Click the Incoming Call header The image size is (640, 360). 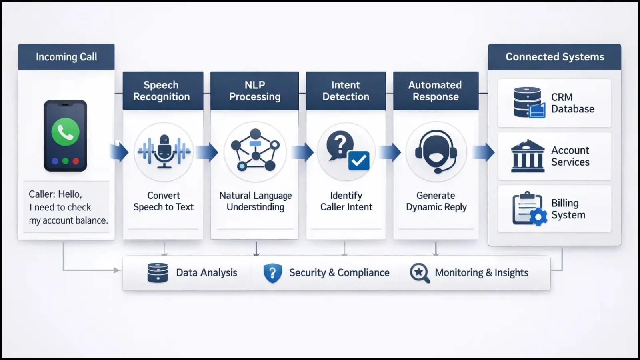(x=66, y=57)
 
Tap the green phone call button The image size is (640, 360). (x=65, y=132)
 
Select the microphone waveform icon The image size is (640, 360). (x=164, y=152)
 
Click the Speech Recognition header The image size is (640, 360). (x=162, y=91)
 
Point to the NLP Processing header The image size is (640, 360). (x=255, y=91)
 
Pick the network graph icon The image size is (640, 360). (x=255, y=151)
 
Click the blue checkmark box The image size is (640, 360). (x=358, y=160)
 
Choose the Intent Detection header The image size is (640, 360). (x=346, y=91)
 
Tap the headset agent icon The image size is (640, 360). (x=436, y=152)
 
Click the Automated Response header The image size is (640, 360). (x=435, y=91)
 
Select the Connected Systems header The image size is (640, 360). (x=554, y=57)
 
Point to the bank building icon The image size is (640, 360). (x=528, y=156)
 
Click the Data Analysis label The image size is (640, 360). (x=206, y=273)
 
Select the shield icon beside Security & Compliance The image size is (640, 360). (x=272, y=273)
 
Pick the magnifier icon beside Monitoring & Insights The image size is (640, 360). (x=420, y=273)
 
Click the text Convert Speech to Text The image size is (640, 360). (x=163, y=201)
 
